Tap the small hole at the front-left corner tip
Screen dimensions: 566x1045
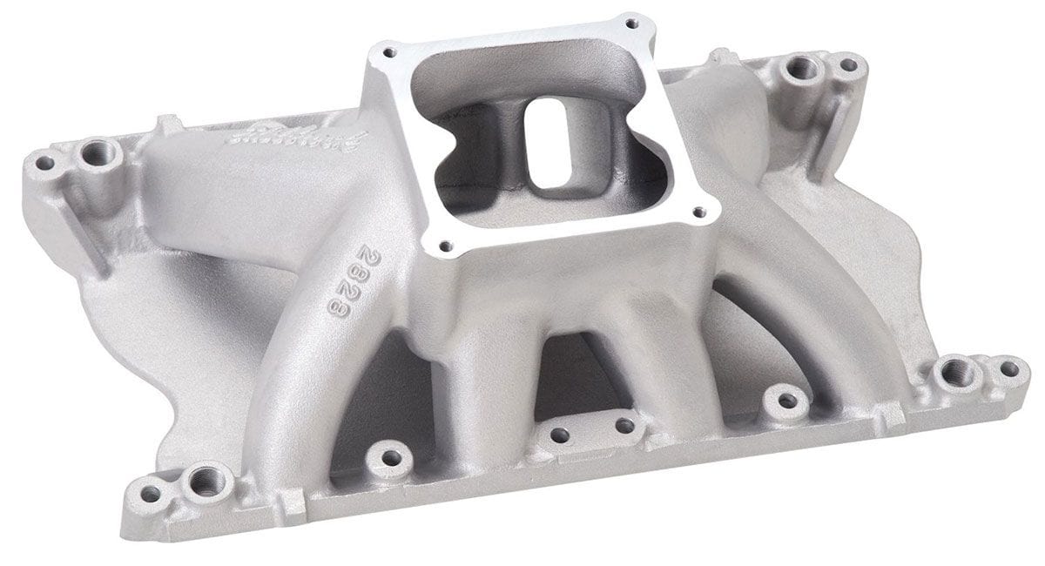coord(151,494)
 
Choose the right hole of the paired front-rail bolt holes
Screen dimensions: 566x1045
coord(624,426)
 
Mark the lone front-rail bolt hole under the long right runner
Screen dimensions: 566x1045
coord(786,401)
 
